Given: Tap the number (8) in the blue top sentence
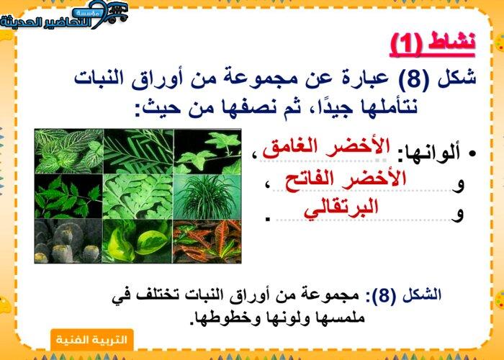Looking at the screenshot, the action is [414, 78].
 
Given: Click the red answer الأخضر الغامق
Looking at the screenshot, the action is [326, 148].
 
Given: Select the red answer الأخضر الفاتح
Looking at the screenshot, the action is [346, 179].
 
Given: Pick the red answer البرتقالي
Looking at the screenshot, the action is [341, 208].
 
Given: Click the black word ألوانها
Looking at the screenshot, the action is [429, 154].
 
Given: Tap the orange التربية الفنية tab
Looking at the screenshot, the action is [92, 340].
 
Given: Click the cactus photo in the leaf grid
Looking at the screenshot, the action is [68, 241].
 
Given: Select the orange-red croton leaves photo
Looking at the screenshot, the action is [207, 241].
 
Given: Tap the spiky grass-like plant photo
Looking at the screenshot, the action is [207, 197].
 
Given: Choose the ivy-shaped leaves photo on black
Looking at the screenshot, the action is [207, 151].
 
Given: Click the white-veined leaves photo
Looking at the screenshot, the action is [69, 151].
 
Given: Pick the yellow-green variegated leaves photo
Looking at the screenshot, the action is [138, 241].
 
